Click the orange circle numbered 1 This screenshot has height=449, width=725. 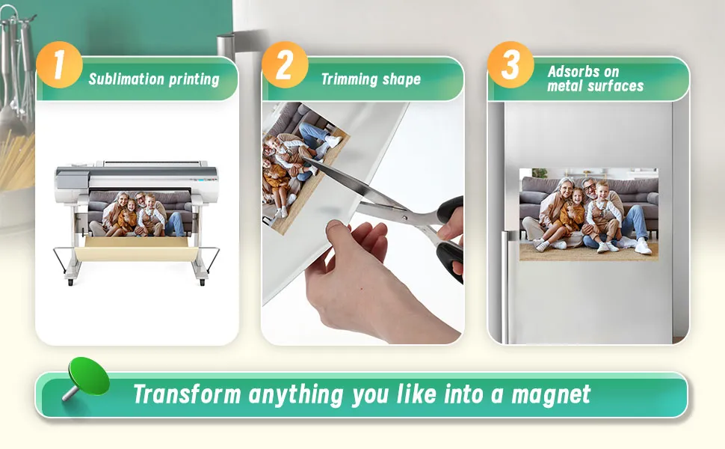(x=59, y=65)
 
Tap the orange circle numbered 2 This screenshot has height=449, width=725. (x=285, y=65)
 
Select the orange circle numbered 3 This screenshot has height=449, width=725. (x=510, y=65)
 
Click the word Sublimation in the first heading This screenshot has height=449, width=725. (x=126, y=79)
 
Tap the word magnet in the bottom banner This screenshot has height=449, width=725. (x=551, y=395)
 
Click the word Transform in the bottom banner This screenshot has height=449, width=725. (x=188, y=394)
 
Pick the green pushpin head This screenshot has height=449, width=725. (x=89, y=376)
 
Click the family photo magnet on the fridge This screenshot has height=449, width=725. (x=589, y=214)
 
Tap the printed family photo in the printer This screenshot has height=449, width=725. (x=140, y=213)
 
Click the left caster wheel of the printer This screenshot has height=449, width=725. (x=70, y=282)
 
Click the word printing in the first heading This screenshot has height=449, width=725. (x=194, y=79)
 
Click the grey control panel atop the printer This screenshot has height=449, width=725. (x=72, y=179)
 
